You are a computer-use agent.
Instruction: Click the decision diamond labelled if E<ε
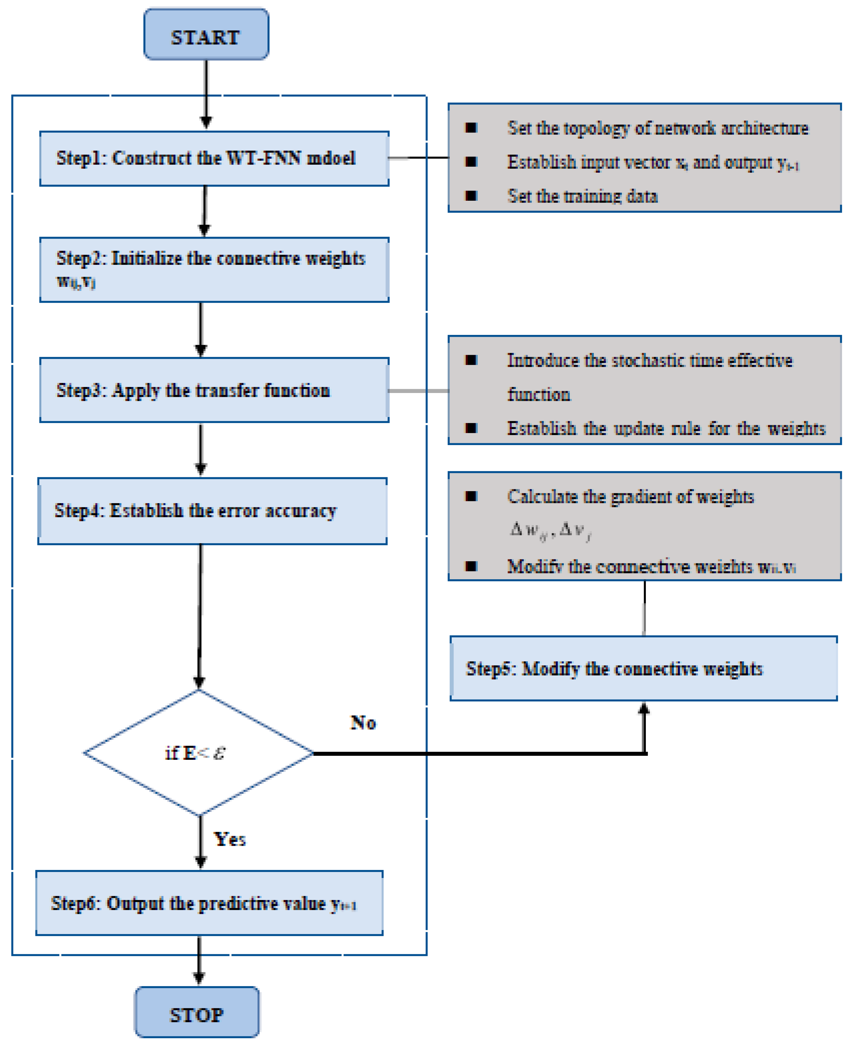point(198,752)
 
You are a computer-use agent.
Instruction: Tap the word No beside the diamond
point(363,723)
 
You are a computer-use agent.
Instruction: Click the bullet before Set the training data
point(471,196)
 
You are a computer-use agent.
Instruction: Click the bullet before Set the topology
point(471,128)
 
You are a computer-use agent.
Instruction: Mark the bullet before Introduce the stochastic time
point(471,360)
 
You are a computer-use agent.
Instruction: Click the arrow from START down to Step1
point(206,93)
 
